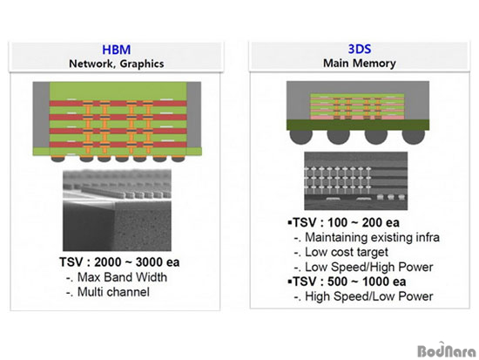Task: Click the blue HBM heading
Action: click(x=117, y=50)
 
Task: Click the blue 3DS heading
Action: click(x=360, y=49)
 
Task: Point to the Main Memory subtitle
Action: click(x=360, y=63)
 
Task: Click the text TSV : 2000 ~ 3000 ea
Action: click(x=119, y=262)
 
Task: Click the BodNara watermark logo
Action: click(x=447, y=350)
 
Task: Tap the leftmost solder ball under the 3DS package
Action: click(x=301, y=136)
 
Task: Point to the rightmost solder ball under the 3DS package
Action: click(x=414, y=136)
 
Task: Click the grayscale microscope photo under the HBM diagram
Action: click(x=117, y=210)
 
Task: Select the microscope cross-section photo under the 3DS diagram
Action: click(x=356, y=180)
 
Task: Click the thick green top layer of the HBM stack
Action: click(x=118, y=92)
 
